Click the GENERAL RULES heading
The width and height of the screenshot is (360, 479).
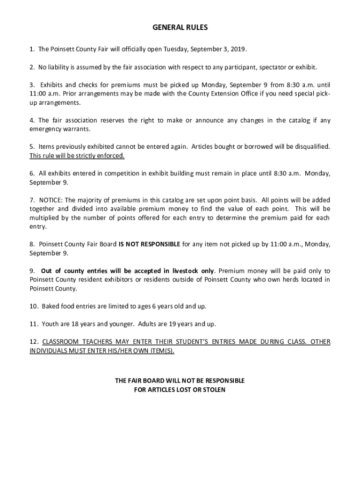click(x=180, y=28)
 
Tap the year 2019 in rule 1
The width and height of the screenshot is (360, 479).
click(x=238, y=49)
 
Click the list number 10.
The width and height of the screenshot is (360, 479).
click(x=34, y=306)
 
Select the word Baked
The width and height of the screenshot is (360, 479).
click(x=51, y=306)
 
